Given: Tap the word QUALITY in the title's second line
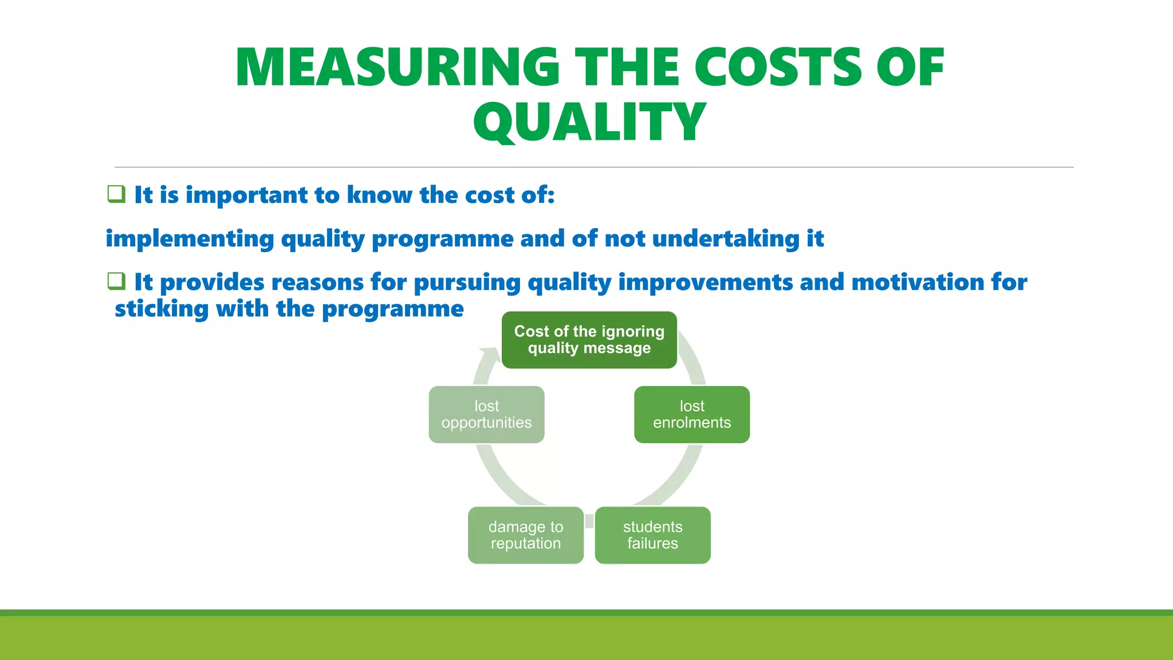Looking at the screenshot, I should (589, 121).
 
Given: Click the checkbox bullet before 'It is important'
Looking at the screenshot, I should (116, 194).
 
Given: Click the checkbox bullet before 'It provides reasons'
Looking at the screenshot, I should (116, 281).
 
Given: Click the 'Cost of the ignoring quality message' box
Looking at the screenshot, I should (589, 340).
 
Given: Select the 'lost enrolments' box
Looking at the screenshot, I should (692, 414).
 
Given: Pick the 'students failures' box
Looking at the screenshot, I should (652, 535).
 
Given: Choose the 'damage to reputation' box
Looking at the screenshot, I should (526, 535).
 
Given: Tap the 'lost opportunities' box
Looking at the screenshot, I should (486, 414).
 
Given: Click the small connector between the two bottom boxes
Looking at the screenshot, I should (589, 521).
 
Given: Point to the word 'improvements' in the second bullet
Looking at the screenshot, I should (705, 282).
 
